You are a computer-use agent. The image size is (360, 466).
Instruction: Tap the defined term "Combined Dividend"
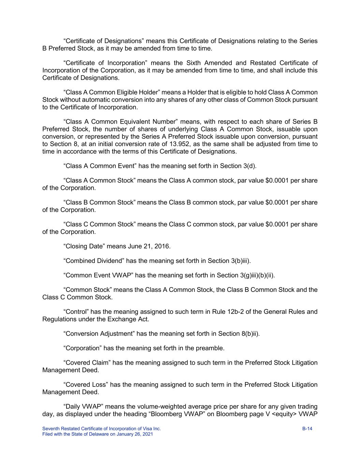[x=93, y=261]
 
